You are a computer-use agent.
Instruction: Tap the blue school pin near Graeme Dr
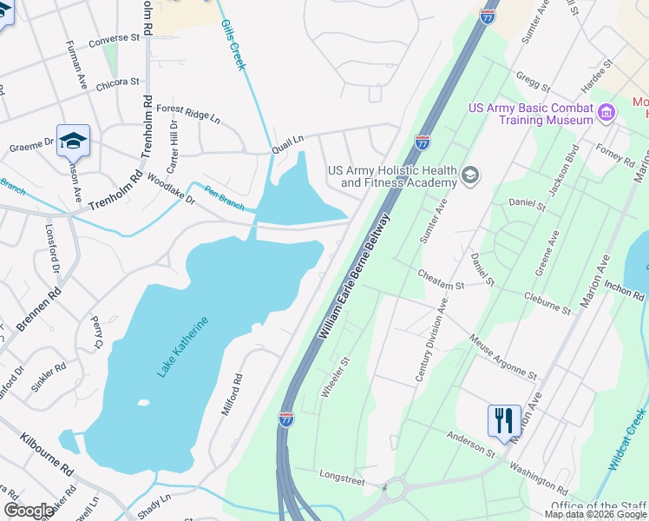74,140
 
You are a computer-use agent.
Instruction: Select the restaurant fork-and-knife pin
504,420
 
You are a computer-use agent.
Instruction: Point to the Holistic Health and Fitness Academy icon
470,176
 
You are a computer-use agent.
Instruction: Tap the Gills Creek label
233,45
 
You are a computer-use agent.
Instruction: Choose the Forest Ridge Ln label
188,113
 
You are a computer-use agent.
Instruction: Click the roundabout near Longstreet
396,489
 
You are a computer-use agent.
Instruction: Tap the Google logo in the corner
29,511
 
